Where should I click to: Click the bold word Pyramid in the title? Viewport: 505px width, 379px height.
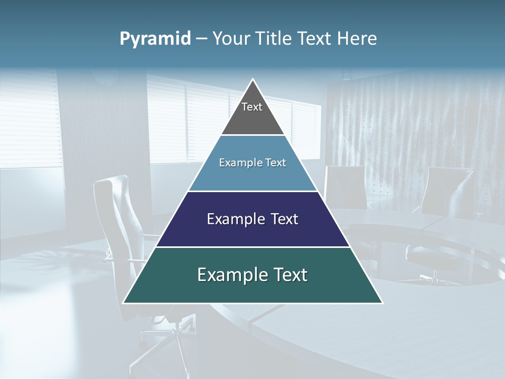pyautogui.click(x=155, y=39)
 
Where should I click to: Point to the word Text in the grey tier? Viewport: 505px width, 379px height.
pyautogui.click(x=252, y=107)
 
